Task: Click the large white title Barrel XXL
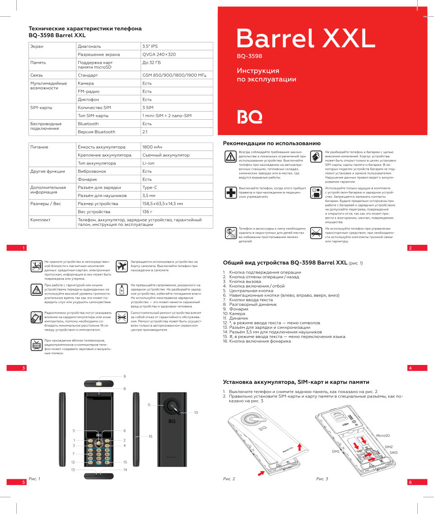coord(305,38)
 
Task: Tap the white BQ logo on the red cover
coord(250,117)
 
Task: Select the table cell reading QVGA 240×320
coord(159,54)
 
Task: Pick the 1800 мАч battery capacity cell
coord(152,147)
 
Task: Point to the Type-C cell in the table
coord(150,187)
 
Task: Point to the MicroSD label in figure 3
coord(383,435)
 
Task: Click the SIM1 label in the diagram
coord(335,451)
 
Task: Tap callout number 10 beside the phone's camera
coord(196,412)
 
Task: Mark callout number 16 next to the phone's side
coord(151,436)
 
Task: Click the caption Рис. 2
coord(229,479)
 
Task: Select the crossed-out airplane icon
coord(121,266)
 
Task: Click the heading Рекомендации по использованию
coord(272,143)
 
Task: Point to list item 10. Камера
coord(234,313)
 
